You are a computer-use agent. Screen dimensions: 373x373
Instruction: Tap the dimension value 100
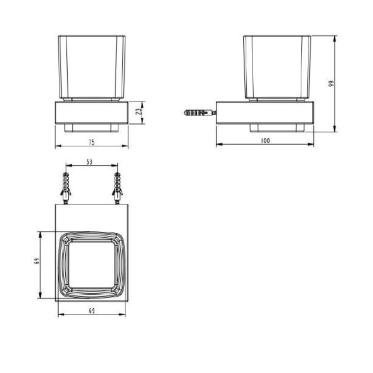click(265, 140)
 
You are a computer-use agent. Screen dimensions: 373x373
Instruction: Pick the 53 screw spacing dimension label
click(90, 161)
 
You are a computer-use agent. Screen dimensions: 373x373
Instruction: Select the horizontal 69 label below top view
click(92, 311)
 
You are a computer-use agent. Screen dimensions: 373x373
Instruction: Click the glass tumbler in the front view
click(91, 67)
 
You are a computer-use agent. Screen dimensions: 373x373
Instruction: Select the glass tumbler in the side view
click(277, 67)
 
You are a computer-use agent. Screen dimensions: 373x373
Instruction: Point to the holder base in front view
click(91, 112)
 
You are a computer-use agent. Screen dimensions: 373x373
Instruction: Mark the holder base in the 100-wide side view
click(265, 112)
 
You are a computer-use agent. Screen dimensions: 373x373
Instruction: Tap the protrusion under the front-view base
click(91, 128)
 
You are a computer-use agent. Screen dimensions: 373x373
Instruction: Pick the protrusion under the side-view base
click(277, 128)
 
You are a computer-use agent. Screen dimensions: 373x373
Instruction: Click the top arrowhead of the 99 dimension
click(335, 37)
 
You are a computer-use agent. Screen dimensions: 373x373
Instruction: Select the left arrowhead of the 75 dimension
click(57, 146)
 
